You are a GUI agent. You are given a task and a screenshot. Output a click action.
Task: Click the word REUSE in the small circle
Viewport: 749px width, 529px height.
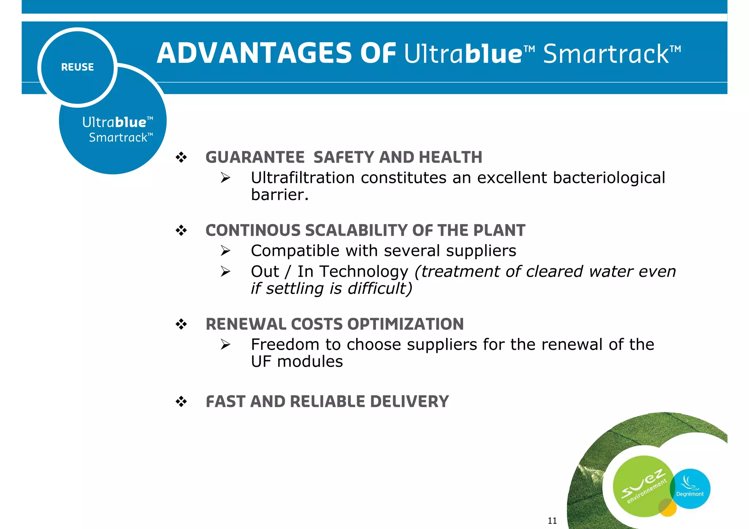pos(77,67)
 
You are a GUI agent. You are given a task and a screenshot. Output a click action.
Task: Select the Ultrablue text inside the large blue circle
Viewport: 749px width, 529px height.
pos(114,122)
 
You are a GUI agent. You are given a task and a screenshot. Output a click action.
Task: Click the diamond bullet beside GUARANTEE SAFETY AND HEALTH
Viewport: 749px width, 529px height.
pos(181,158)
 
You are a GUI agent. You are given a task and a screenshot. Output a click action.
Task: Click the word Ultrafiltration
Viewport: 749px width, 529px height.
pos(302,178)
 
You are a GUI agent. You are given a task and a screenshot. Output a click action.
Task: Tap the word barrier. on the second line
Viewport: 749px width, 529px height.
pos(280,195)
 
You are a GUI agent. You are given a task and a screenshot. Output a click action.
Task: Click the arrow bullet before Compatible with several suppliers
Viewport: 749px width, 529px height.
pos(226,251)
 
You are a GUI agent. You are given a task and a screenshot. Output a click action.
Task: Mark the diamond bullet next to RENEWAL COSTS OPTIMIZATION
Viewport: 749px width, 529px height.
pos(181,324)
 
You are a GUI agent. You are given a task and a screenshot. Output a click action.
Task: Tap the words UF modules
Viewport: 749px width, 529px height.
pos(297,362)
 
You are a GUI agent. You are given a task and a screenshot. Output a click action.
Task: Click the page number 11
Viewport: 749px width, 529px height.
pos(552,521)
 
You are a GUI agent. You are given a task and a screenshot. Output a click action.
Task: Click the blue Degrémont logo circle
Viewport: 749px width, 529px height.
pos(691,489)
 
